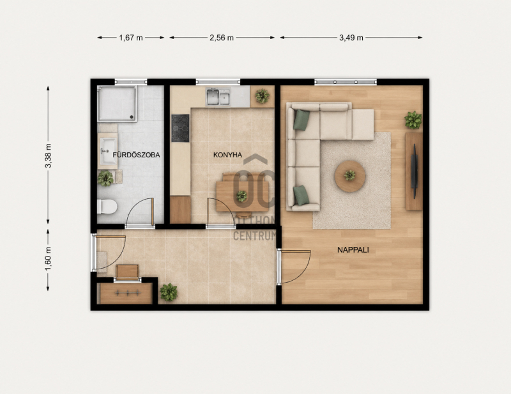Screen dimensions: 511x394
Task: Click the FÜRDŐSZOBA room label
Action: point(136,155)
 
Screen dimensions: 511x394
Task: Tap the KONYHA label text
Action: point(227,155)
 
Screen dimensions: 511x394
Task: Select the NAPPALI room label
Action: point(353,250)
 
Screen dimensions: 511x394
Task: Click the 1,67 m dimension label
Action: point(131,38)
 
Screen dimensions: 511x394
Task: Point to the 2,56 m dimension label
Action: point(222,38)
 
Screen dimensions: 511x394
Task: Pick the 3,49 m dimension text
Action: point(351,38)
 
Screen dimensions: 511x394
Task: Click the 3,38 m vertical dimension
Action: point(48,155)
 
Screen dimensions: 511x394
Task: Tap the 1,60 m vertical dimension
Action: point(48,258)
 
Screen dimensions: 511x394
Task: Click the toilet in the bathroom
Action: point(107,207)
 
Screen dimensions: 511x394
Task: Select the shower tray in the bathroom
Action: point(117,104)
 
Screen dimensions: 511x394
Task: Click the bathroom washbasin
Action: point(108,152)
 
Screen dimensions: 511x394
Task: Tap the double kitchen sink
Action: point(218,97)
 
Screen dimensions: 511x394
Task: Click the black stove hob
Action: point(180,128)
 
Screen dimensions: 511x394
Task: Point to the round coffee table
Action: point(350,176)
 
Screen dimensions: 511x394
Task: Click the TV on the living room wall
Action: point(415,171)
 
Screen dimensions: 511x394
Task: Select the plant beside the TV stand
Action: point(413,120)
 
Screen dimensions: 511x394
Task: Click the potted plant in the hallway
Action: point(169,292)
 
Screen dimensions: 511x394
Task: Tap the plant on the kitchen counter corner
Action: point(263,97)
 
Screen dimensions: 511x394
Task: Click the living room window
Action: point(346,82)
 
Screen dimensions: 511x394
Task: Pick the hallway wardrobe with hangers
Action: point(125,293)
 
